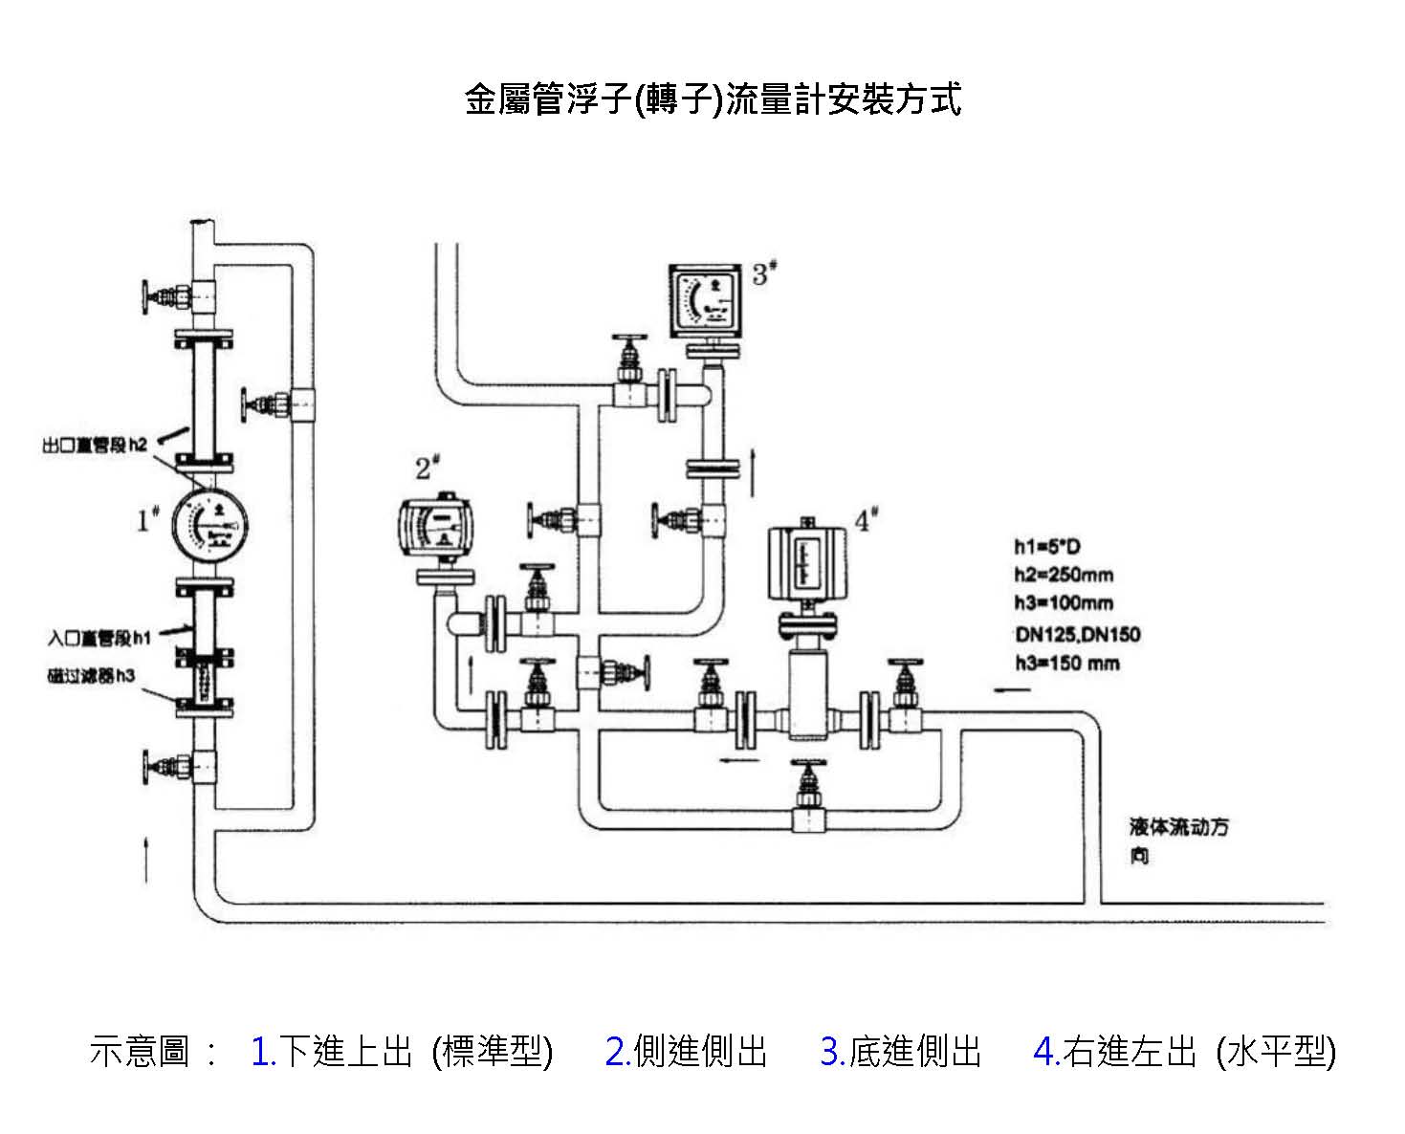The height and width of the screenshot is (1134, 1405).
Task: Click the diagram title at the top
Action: pyautogui.click(x=713, y=99)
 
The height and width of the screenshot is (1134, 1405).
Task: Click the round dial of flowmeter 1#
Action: pyautogui.click(x=211, y=524)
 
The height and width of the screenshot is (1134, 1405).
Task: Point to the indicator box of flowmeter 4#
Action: pyautogui.click(x=808, y=563)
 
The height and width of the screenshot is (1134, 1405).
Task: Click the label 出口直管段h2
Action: pyautogui.click(x=96, y=445)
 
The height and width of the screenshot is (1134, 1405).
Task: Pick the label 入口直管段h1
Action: pyautogui.click(x=100, y=637)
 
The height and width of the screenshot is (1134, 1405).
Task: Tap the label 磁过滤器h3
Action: pyautogui.click(x=92, y=676)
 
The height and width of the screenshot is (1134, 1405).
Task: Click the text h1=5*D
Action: pyautogui.click(x=1047, y=547)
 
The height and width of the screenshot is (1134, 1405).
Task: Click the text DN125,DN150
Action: pyautogui.click(x=1078, y=634)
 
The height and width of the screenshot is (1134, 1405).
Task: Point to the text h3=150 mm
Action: pyautogui.click(x=1066, y=663)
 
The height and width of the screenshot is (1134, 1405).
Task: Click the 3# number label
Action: pyautogui.click(x=763, y=274)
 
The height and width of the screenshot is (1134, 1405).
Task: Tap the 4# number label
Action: pyautogui.click(x=866, y=521)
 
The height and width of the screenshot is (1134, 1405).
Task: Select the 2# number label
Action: pyautogui.click(x=427, y=469)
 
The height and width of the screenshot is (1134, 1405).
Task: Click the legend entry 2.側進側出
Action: pyautogui.click(x=686, y=1051)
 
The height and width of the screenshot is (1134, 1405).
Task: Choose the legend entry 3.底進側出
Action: pyautogui.click(x=900, y=1051)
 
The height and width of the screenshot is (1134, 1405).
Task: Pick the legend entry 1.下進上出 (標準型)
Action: pyautogui.click(x=401, y=1051)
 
